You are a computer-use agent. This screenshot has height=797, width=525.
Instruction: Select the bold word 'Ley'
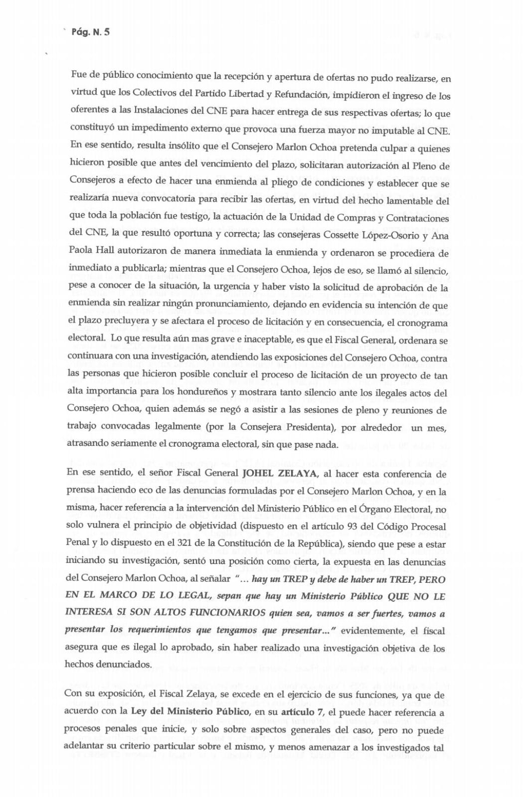(139, 712)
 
